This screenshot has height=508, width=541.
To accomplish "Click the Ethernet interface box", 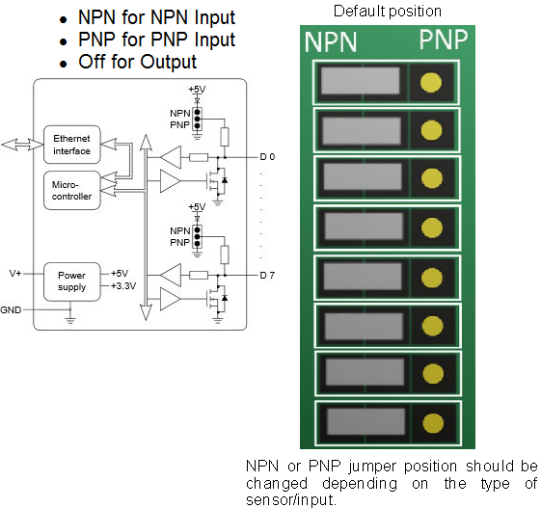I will click(x=71, y=145).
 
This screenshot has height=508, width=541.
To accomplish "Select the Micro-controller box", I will click(x=71, y=189).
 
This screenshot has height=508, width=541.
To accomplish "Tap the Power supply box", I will click(x=71, y=281).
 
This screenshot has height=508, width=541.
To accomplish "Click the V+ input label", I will click(x=15, y=273).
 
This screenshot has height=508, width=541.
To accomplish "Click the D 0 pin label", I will click(x=267, y=155).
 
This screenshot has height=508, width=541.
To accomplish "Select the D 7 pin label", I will click(x=267, y=276).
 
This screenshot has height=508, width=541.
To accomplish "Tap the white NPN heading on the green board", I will click(x=331, y=42).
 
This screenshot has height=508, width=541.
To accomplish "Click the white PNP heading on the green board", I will click(x=443, y=40).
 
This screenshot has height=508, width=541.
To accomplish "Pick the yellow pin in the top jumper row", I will click(x=432, y=82).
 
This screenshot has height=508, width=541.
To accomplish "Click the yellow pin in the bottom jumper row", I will click(x=432, y=422).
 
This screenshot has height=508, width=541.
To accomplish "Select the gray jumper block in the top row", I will click(x=360, y=81).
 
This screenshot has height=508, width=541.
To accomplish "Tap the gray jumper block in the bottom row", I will click(x=365, y=422).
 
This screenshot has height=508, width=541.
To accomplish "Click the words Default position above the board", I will click(x=387, y=12).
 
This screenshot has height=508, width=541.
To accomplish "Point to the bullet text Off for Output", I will click(x=137, y=62).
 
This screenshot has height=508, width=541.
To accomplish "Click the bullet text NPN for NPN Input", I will click(x=156, y=18).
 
